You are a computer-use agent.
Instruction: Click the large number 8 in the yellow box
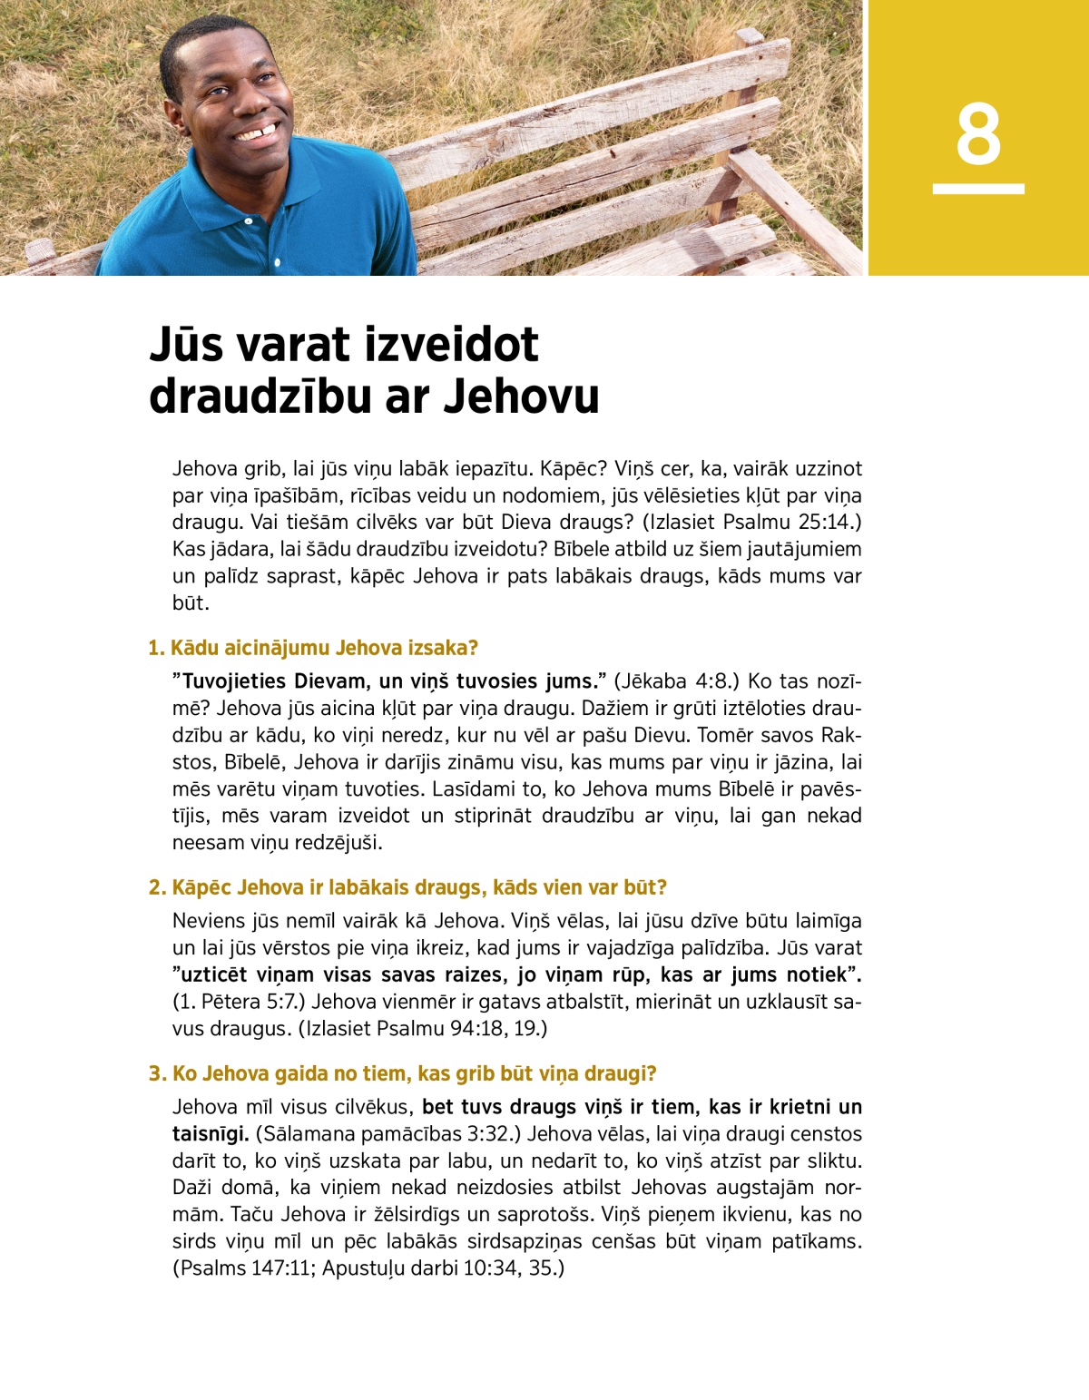[x=978, y=134]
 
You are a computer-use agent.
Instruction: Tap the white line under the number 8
[x=978, y=189]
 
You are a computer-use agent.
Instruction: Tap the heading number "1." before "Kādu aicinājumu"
[x=156, y=648]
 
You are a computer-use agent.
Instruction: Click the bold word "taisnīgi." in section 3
[x=211, y=1134]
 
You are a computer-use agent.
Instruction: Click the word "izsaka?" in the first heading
[x=444, y=648]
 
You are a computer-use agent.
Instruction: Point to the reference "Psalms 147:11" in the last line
[x=248, y=1268]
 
